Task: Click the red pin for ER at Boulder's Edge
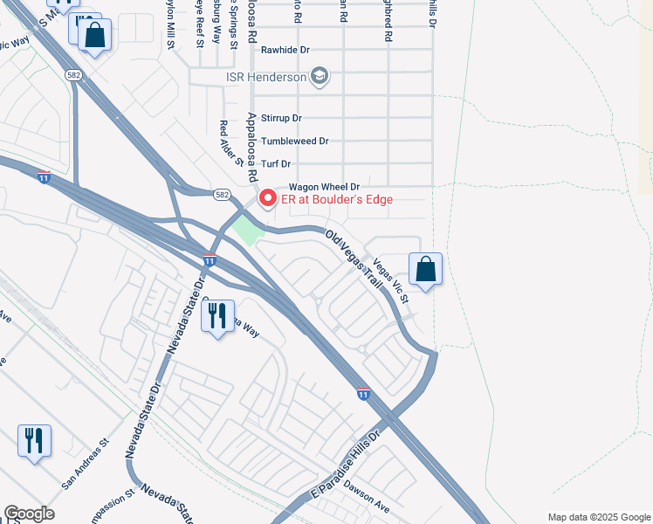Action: [267, 198]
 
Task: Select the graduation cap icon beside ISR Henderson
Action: [319, 76]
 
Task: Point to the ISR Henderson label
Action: [265, 77]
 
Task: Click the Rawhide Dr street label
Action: [285, 50]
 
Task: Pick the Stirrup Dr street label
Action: [281, 118]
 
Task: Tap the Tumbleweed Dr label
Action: [294, 141]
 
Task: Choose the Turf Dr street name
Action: [275, 163]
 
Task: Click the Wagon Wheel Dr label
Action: [324, 187]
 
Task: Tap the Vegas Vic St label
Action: [392, 280]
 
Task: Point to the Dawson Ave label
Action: [365, 498]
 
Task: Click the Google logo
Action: [29, 514]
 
